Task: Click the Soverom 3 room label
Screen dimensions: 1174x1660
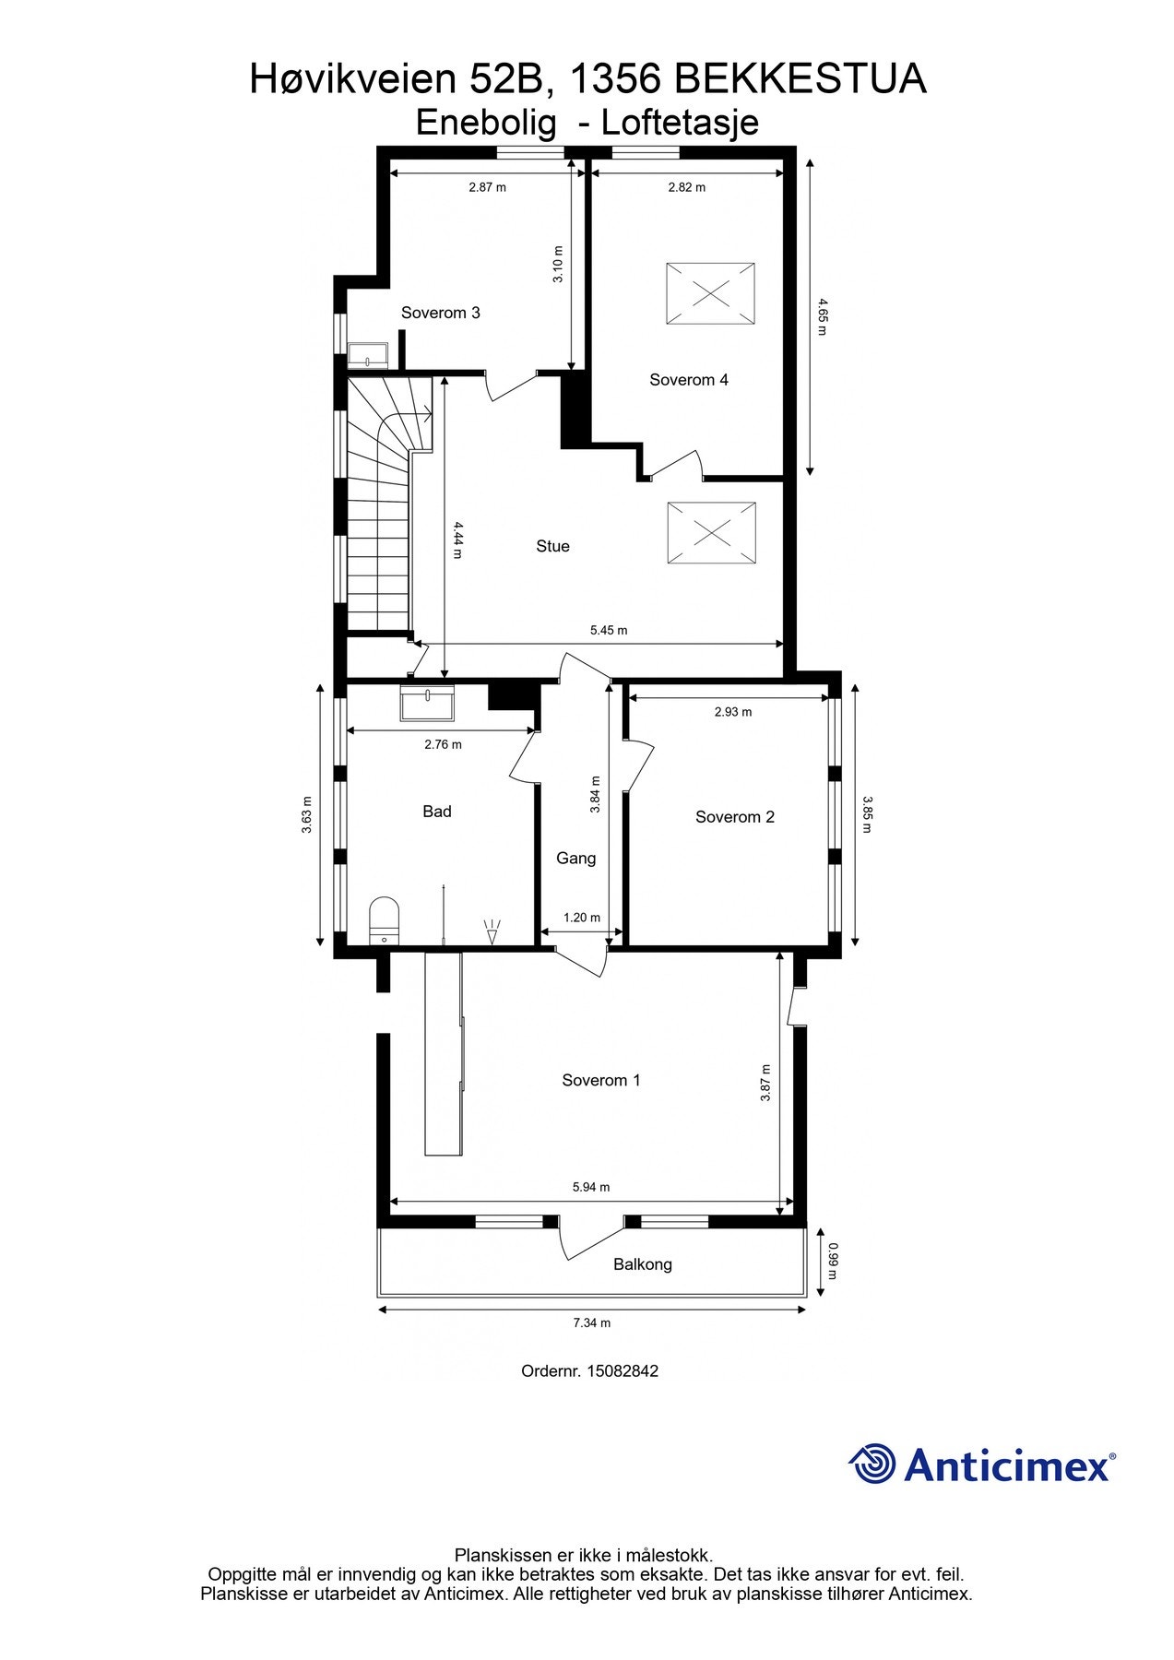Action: click(x=440, y=313)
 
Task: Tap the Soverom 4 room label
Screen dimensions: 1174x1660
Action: click(x=688, y=380)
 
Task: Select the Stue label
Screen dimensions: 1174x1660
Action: click(x=552, y=546)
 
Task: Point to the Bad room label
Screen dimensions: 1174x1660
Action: click(x=437, y=812)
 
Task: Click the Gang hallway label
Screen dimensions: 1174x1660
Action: click(x=575, y=859)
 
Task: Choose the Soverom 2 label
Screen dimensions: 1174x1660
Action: click(x=734, y=817)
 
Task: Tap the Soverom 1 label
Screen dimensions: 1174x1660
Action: click(x=600, y=1080)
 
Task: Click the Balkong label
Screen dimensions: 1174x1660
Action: click(x=642, y=1264)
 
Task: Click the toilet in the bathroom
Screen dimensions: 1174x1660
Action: click(x=385, y=919)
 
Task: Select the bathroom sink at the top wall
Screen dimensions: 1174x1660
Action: click(x=427, y=703)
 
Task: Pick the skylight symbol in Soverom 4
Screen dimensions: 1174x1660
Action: click(x=710, y=294)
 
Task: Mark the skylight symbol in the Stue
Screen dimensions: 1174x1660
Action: click(x=711, y=532)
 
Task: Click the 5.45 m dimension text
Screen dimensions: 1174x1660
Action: click(x=609, y=631)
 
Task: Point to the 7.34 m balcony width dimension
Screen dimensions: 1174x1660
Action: click(x=591, y=1322)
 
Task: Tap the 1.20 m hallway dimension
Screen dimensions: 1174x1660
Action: click(x=582, y=918)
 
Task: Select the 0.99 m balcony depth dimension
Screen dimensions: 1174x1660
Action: click(x=832, y=1263)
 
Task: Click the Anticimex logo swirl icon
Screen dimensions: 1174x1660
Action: click(x=872, y=1464)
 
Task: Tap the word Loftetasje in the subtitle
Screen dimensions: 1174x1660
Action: click(x=680, y=123)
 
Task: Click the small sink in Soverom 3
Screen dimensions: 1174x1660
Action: click(x=369, y=356)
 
